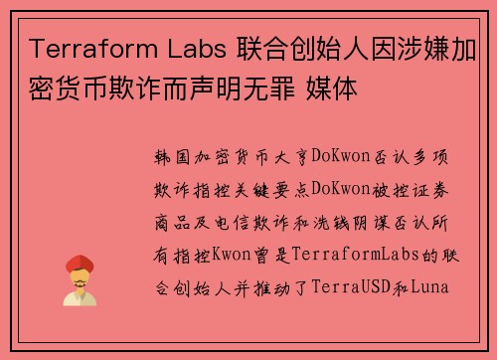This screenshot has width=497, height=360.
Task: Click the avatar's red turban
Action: click(x=79, y=264)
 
